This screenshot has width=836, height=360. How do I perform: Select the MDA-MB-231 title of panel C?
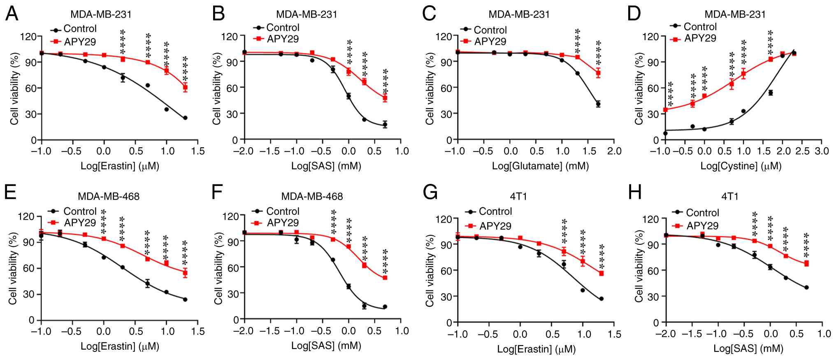(x=519, y=14)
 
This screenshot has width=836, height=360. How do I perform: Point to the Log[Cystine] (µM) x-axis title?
(x=741, y=166)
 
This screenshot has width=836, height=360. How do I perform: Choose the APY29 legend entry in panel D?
(x=700, y=38)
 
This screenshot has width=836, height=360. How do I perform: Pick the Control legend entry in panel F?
(x=283, y=211)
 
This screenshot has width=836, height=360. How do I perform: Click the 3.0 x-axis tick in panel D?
(x=821, y=151)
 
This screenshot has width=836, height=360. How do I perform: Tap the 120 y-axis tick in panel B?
(x=229, y=36)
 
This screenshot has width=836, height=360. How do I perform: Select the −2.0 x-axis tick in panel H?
(x=666, y=334)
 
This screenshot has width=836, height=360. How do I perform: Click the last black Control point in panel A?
(x=185, y=118)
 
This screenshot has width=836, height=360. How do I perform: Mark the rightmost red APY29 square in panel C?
(x=598, y=73)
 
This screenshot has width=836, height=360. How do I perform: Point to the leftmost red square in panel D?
(x=665, y=110)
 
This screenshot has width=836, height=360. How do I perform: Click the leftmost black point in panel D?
(x=665, y=133)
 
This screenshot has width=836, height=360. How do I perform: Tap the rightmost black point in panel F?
(x=385, y=307)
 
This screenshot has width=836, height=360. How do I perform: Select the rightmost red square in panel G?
(x=601, y=273)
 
